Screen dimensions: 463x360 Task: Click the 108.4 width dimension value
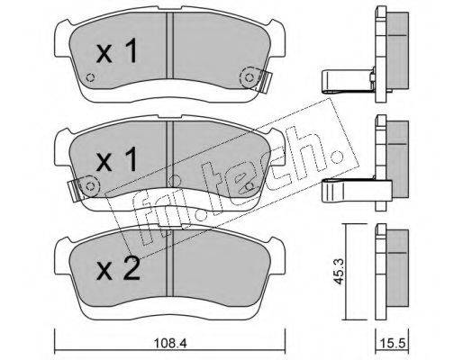tap(170, 343)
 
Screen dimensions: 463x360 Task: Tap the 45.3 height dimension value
tap(340, 272)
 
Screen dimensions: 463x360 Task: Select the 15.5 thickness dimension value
tap(393, 343)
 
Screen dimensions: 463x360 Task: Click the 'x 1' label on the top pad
tap(117, 50)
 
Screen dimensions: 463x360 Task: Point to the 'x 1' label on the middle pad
tap(117, 159)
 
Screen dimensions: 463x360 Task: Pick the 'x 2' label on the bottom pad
tap(118, 268)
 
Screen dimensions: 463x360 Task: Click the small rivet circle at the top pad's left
tap(90, 77)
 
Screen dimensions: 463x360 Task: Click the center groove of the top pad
tap(170, 46)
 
